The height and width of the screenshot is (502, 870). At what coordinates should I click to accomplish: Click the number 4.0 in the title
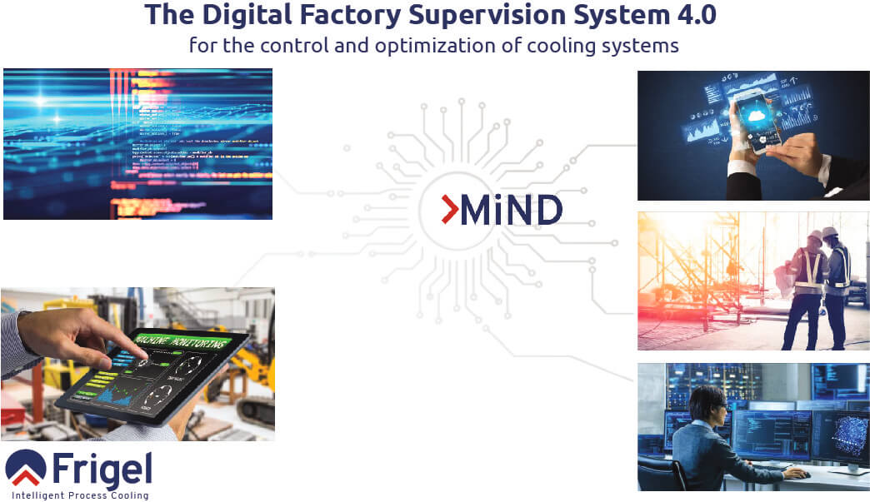pos(690,14)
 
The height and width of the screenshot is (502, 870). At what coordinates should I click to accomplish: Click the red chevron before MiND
pos(449,210)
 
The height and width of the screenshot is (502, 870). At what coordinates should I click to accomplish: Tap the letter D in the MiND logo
pos(547,211)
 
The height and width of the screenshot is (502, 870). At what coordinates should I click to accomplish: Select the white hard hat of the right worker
pos(830,233)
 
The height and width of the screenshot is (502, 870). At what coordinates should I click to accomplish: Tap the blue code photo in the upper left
pos(137,143)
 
